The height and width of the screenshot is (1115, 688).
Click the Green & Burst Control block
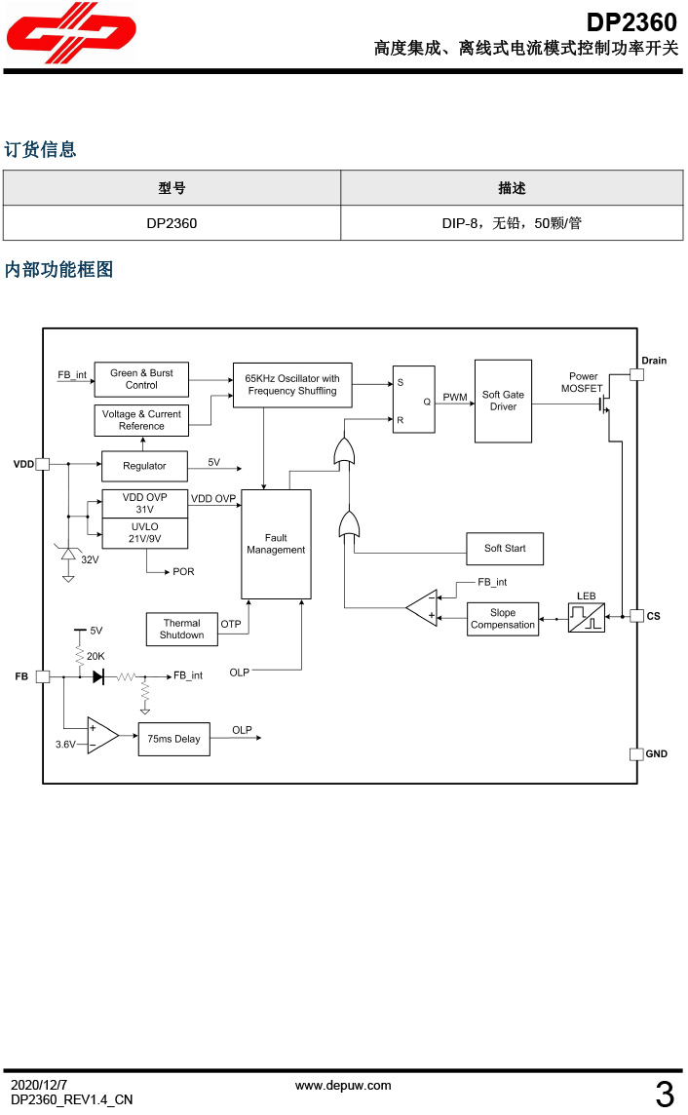pyautogui.click(x=141, y=379)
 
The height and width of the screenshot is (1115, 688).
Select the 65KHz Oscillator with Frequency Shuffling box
pyautogui.click(x=292, y=385)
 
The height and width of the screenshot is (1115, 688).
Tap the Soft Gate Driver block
pyautogui.click(x=503, y=401)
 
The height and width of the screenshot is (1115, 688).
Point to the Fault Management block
pyautogui.click(x=276, y=544)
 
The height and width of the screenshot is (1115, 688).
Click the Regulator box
pyautogui.click(x=144, y=466)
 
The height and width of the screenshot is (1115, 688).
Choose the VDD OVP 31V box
pyautogui.click(x=144, y=503)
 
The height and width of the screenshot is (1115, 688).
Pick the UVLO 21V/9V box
pyautogui.click(x=144, y=532)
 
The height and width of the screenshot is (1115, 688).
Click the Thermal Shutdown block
pyautogui.click(x=182, y=629)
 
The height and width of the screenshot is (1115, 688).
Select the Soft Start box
pyautogui.click(x=505, y=549)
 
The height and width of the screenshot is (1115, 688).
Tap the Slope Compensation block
pyautogui.click(x=503, y=619)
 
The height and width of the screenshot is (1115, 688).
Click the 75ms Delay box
pyautogui.click(x=173, y=739)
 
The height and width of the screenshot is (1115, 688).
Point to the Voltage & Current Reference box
pyautogui.click(x=141, y=420)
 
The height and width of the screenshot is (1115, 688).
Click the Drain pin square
pyautogui.click(x=636, y=374)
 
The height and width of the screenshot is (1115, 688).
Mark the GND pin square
pyautogui.click(x=636, y=753)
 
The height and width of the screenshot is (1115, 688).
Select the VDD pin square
pyautogui.click(x=42, y=465)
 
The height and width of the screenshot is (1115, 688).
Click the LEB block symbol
pyautogui.click(x=586, y=617)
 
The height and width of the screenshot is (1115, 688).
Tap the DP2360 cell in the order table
pyautogui.click(x=172, y=223)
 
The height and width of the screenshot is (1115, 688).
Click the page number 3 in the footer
pyautogui.click(x=665, y=1096)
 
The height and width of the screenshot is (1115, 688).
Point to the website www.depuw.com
pyautogui.click(x=343, y=1085)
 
